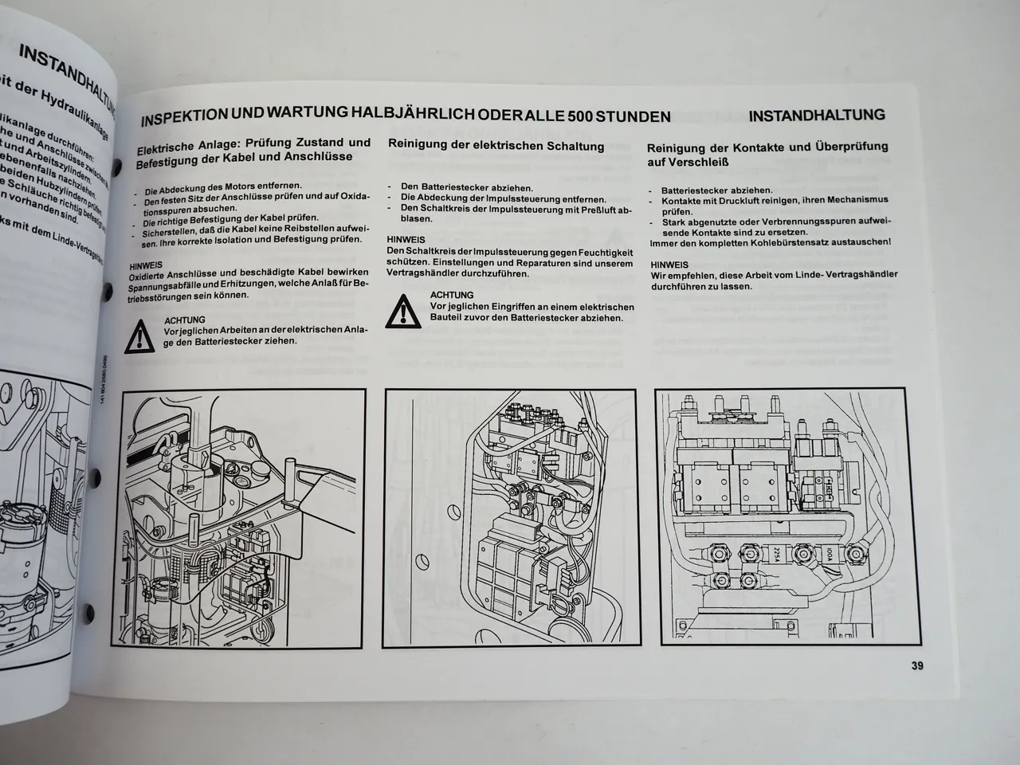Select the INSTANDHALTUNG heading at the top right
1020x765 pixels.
pyautogui.click(x=817, y=115)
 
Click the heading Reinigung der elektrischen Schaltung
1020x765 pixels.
pyautogui.click(x=495, y=147)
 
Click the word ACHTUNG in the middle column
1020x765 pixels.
pyautogui.click(x=451, y=295)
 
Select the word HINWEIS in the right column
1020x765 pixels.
pyautogui.click(x=669, y=263)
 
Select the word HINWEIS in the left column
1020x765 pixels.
pyautogui.click(x=146, y=264)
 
